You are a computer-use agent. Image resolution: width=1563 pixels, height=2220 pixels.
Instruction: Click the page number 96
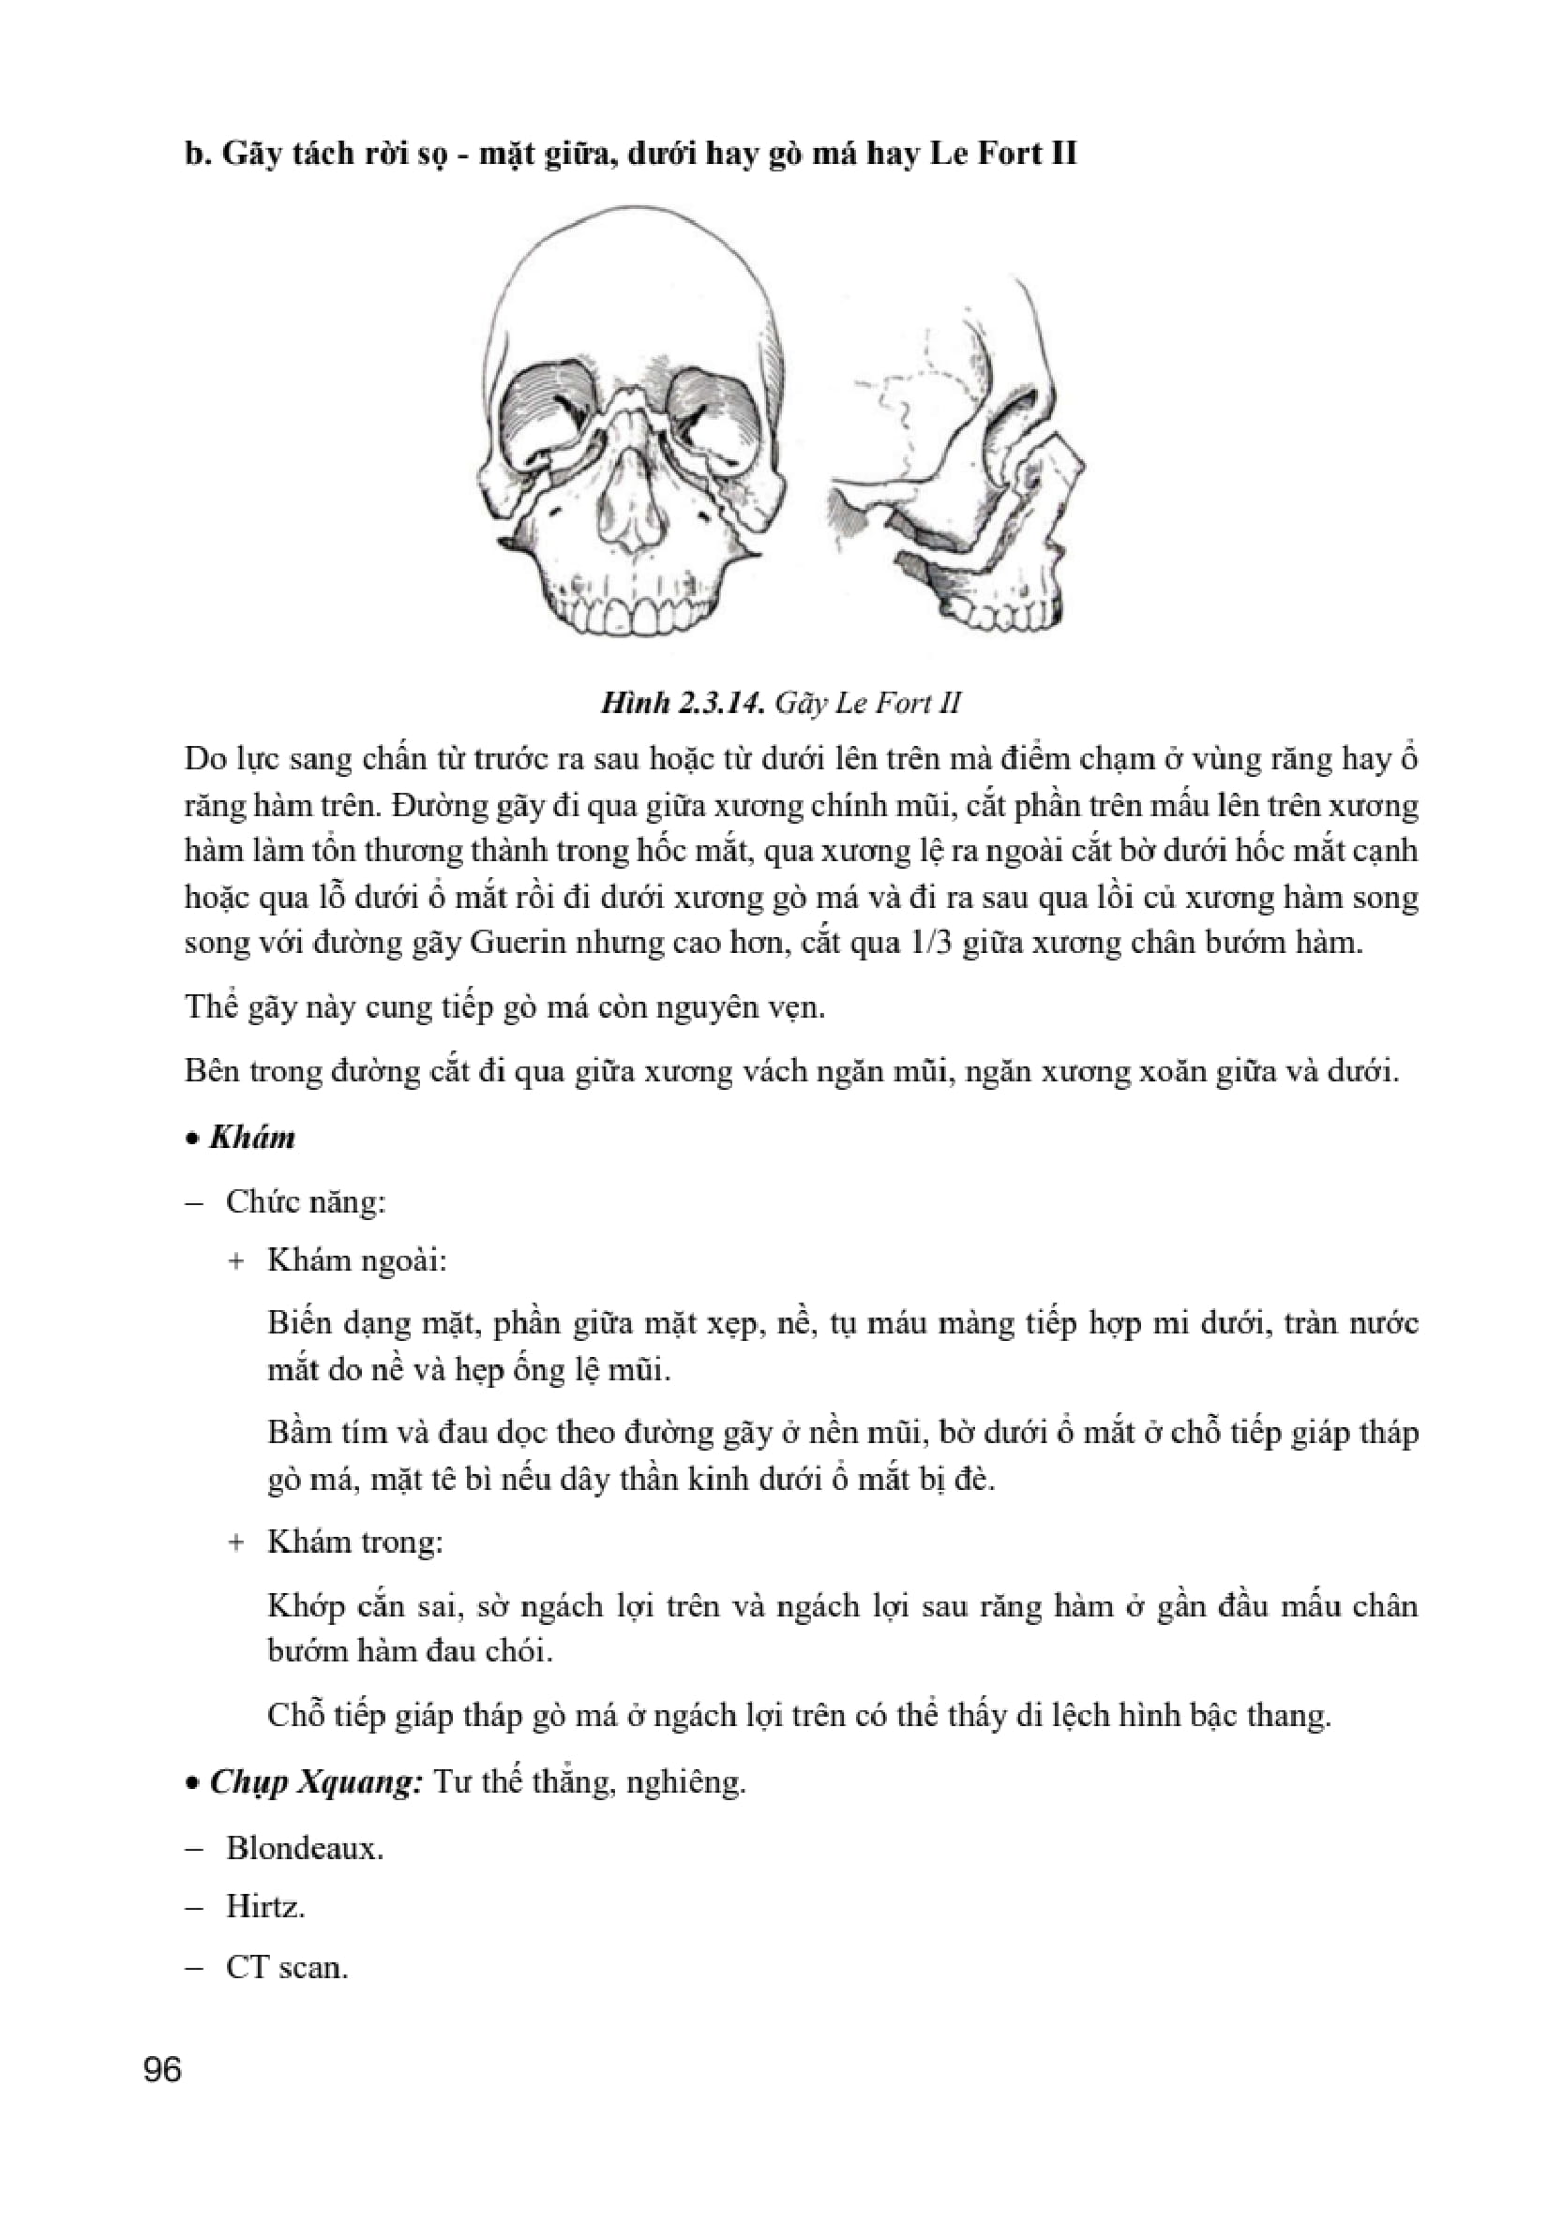coord(161,2070)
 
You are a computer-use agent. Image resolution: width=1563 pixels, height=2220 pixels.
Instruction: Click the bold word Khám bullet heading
coord(251,1137)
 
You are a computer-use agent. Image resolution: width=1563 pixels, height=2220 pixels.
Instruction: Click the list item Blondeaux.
coord(304,1848)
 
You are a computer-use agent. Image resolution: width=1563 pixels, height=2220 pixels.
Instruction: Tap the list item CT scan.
coord(286,1966)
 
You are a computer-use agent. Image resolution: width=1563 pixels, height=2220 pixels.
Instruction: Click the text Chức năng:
coord(306,1202)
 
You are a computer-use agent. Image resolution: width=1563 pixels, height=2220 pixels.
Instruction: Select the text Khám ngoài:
coord(357,1260)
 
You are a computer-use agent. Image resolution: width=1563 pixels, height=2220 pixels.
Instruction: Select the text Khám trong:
coord(355,1542)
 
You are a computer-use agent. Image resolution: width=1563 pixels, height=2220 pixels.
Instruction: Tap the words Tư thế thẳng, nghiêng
coord(589,1781)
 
